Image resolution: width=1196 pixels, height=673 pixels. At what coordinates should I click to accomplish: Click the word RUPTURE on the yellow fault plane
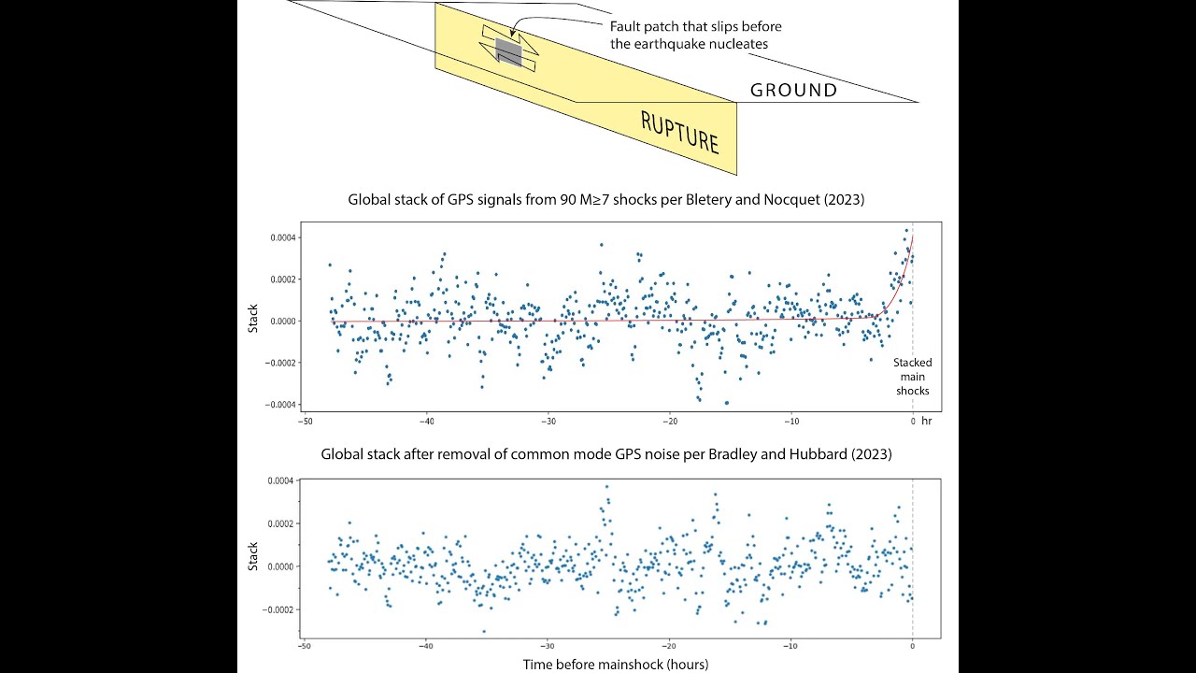coord(679,132)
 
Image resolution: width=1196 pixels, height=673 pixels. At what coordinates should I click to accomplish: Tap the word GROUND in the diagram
coord(793,91)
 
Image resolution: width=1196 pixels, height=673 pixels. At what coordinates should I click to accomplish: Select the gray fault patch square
coord(508,50)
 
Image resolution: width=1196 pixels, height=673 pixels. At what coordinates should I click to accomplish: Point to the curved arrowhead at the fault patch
coord(513,34)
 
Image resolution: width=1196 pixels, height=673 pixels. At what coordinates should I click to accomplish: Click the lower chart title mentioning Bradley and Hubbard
coord(606,454)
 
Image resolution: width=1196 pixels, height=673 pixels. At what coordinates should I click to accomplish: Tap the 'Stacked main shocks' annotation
coord(912,376)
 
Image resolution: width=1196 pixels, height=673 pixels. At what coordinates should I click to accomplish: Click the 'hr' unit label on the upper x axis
coord(927,422)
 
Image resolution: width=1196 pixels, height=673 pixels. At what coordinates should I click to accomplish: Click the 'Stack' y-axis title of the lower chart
coord(253,558)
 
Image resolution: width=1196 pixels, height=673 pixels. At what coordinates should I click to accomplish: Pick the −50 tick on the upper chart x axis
coord(305,422)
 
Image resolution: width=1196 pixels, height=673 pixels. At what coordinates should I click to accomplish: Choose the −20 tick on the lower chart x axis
coord(669,646)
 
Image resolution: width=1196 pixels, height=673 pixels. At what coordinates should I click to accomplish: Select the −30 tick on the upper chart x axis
coord(548,422)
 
